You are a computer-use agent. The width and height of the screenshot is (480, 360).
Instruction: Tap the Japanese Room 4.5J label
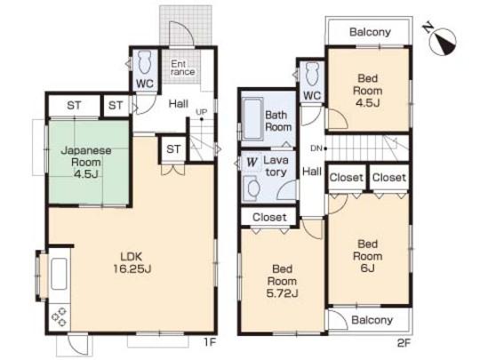coord(86,156)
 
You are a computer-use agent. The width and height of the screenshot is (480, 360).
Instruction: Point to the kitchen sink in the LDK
coord(60,274)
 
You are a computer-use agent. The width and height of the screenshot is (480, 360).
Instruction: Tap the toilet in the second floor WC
coord(310,73)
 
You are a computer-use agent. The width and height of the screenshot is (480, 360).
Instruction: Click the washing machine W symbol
coord(252,163)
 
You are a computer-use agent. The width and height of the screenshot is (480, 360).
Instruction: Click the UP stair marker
coord(202,112)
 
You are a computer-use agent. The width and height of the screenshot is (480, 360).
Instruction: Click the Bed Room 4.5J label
coord(368,90)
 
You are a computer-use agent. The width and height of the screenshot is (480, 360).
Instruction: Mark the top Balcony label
coord(370,32)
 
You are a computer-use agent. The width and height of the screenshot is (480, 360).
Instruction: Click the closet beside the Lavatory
coord(268,217)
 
